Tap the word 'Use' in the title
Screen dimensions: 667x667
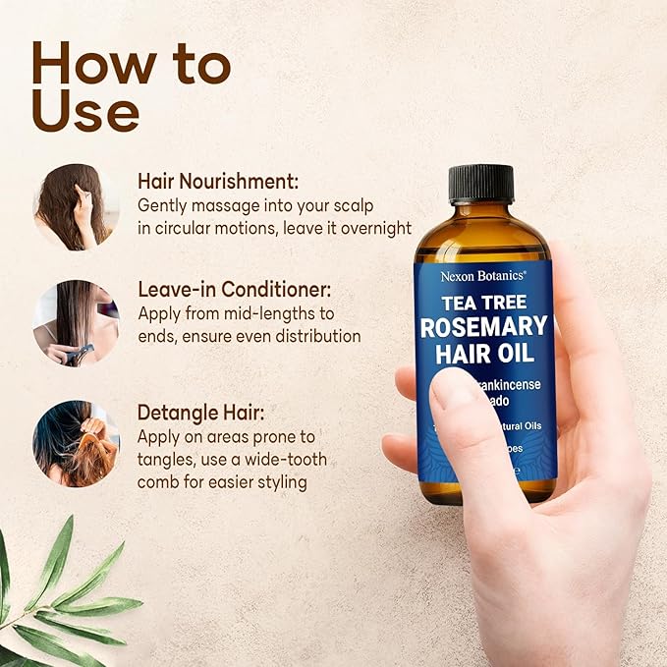[84, 114]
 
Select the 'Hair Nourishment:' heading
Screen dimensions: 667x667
[218, 182]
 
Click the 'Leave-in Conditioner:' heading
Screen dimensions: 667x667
[235, 291]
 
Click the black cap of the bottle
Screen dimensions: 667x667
[481, 185]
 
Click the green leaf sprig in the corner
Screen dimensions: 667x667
[59, 599]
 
